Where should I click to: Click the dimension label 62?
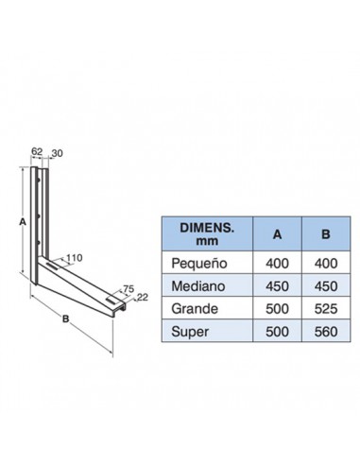(x=37, y=151)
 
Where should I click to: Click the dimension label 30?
(x=57, y=153)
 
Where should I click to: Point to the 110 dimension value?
(x=74, y=258)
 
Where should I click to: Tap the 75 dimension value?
(x=129, y=288)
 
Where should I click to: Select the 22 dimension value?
(x=143, y=297)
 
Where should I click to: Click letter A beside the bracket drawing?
(x=23, y=222)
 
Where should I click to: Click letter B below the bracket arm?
(x=65, y=319)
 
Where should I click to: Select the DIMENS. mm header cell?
(x=207, y=234)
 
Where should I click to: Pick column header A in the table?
(x=277, y=234)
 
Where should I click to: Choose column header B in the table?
(x=326, y=234)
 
